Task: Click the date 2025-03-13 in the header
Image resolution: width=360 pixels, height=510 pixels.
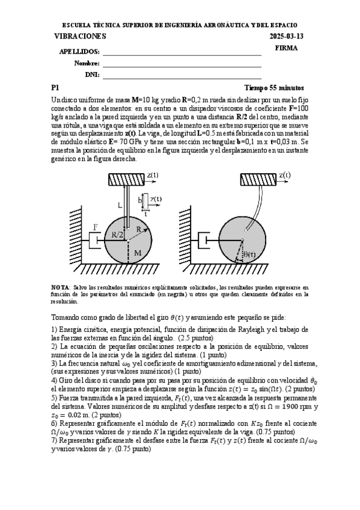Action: tap(287, 36)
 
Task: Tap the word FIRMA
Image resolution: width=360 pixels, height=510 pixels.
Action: tap(285, 48)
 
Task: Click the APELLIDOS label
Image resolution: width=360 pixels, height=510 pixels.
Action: tap(79, 52)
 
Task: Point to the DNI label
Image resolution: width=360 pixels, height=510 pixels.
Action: tap(92, 75)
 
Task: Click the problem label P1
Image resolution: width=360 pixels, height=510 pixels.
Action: tap(55, 88)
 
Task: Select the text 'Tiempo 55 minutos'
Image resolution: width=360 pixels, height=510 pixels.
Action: tap(274, 88)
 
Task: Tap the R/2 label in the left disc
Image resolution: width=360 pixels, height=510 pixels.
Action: tap(117, 235)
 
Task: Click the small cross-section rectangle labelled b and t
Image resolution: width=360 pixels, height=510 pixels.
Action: tap(145, 200)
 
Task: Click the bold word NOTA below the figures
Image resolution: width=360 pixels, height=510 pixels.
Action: tap(61, 288)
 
